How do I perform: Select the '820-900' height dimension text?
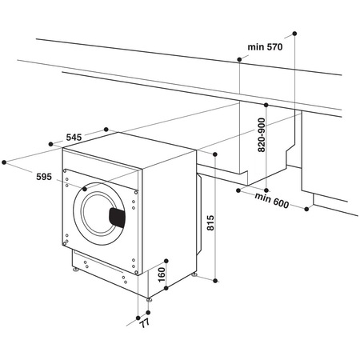click(262, 136)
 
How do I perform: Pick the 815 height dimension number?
click(210, 223)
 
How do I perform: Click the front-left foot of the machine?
click(76, 271)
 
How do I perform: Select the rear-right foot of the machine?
click(196, 274)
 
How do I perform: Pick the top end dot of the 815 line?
click(216, 152)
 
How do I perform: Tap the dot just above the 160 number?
click(166, 260)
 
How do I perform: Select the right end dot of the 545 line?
click(107, 127)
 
